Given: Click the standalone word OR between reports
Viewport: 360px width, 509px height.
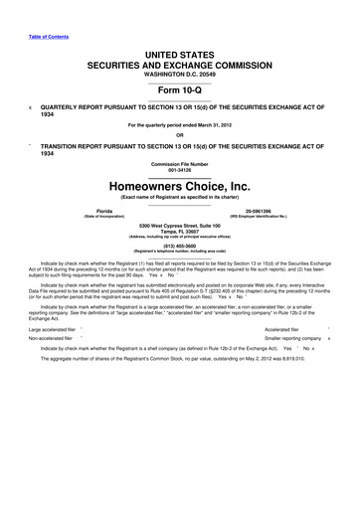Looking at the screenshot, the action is pos(179,135).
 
